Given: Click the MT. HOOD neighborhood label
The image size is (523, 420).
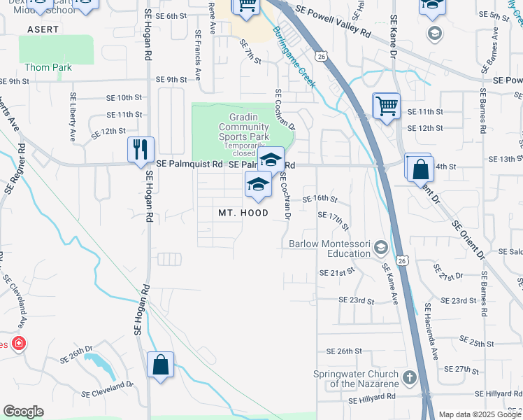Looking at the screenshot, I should pos(243,213).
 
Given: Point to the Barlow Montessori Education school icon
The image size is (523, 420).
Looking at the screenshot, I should pos(381,248).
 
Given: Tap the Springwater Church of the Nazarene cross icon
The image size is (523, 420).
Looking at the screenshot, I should pos(409,378).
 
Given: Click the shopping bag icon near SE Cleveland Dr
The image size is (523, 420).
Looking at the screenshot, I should pos(161,365).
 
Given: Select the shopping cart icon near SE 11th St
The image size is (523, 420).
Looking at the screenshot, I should pos(386,106).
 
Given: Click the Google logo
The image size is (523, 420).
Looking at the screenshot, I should pos(23,411).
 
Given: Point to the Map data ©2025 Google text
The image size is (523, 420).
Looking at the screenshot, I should pos(480,414).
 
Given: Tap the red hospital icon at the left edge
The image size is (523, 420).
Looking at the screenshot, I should pos(18,344).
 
